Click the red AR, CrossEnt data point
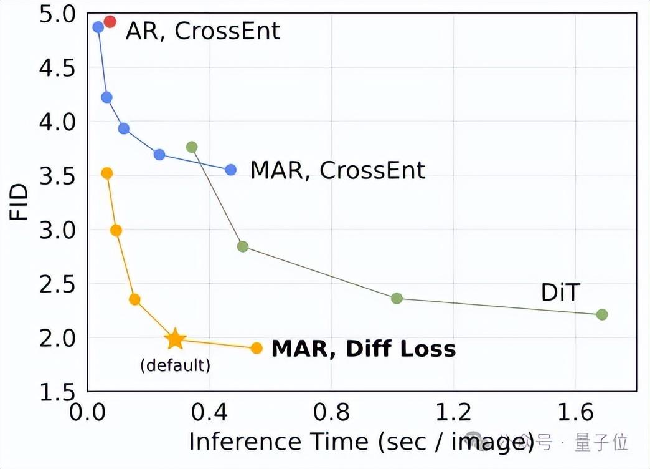click(x=110, y=22)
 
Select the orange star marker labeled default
click(x=176, y=339)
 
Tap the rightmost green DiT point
click(x=601, y=314)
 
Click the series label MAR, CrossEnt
click(x=337, y=170)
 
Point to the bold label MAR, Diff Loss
click(x=364, y=348)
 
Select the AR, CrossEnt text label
click(x=203, y=31)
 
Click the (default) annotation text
click(x=175, y=365)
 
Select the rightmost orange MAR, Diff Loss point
click(x=257, y=348)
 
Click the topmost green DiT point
click(x=192, y=147)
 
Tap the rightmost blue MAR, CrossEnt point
click(x=230, y=170)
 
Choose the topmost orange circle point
click(x=106, y=173)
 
